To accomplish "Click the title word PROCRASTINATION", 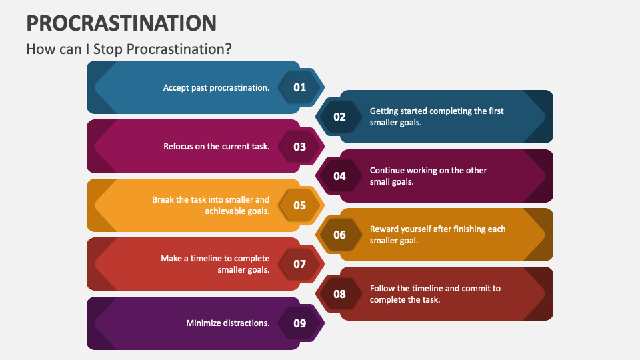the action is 121,23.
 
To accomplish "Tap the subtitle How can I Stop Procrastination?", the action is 129,49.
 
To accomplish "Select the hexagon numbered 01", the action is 299,87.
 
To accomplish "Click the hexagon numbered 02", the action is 339,117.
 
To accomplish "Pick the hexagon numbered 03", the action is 299,147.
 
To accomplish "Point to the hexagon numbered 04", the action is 339,176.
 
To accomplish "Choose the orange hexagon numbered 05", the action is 299,205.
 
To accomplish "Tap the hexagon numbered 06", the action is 339,235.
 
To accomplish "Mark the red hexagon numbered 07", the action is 299,264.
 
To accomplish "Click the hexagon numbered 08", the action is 339,294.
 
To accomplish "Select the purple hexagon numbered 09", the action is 299,323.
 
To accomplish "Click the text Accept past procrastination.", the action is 216,88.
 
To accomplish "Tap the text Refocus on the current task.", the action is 216,147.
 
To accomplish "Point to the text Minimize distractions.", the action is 228,323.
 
